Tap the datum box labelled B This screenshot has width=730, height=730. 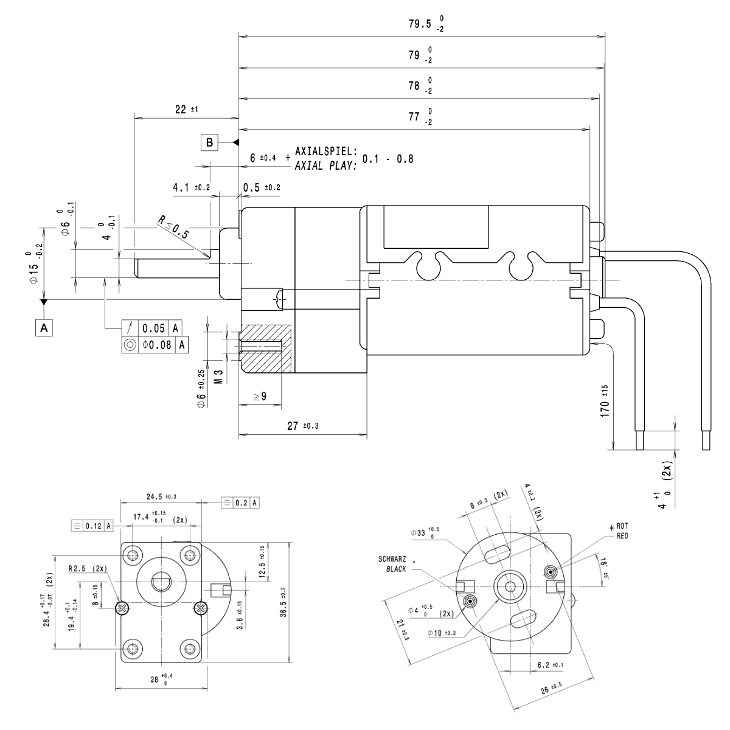(209, 143)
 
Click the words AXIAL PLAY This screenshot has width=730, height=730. (325, 165)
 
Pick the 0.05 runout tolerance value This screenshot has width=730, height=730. (154, 328)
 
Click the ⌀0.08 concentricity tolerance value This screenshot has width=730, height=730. (157, 346)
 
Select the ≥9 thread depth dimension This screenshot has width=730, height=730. (260, 397)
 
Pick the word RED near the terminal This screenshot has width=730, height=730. (622, 536)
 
